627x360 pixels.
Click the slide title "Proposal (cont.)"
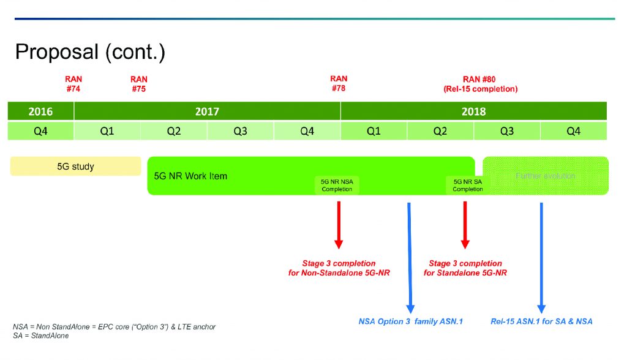[90, 52]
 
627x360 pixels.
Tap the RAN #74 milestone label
[73, 84]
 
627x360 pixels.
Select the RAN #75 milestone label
[139, 84]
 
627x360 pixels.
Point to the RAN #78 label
[339, 83]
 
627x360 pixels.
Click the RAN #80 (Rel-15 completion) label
[480, 84]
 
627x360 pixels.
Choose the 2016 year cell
[40, 111]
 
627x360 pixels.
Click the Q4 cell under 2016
[40, 131]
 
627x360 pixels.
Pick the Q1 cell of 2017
[107, 131]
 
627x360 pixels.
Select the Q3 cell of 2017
[240, 131]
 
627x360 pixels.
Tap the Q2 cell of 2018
[440, 131]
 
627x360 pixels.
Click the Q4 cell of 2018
[573, 131]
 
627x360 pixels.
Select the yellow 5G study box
[75, 166]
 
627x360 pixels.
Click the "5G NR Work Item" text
[190, 176]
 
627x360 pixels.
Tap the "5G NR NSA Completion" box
[337, 185]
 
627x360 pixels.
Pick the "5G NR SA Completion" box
[468, 185]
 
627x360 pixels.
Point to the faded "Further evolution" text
[546, 176]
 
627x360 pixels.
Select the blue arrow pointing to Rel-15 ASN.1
[541, 257]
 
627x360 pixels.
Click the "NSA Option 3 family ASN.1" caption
[410, 321]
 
